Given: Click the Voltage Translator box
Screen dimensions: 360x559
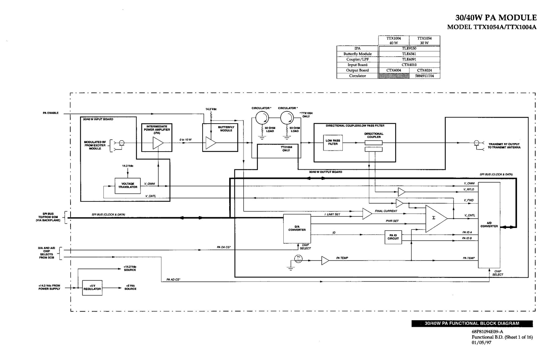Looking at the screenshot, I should (128, 185).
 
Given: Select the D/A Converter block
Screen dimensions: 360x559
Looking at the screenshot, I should (297, 228).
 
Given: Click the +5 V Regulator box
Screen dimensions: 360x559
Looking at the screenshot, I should (92, 287).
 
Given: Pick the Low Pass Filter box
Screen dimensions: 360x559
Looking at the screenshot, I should (333, 142).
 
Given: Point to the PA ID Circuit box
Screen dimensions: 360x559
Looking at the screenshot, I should (393, 237).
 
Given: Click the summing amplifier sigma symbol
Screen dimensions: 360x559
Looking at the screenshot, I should (434, 218).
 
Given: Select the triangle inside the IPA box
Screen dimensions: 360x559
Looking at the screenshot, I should (158, 143).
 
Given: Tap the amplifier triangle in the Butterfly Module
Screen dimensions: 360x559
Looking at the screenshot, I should (211, 143).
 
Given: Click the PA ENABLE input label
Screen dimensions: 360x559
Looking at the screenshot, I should (51, 113).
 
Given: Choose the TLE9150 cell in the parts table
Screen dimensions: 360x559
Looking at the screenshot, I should (409, 49).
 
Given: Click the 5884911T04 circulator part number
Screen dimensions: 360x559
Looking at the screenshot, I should (424, 76).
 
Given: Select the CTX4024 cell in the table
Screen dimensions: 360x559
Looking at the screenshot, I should (424, 70).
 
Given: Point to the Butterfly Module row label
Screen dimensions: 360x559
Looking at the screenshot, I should (357, 54).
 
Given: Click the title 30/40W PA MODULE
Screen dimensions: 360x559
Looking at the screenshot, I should (496, 17).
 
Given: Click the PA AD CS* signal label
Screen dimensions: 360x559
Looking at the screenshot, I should (173, 280).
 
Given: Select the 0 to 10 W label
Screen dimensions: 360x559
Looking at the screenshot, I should (186, 140).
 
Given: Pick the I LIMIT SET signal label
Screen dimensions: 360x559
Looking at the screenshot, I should (332, 214).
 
